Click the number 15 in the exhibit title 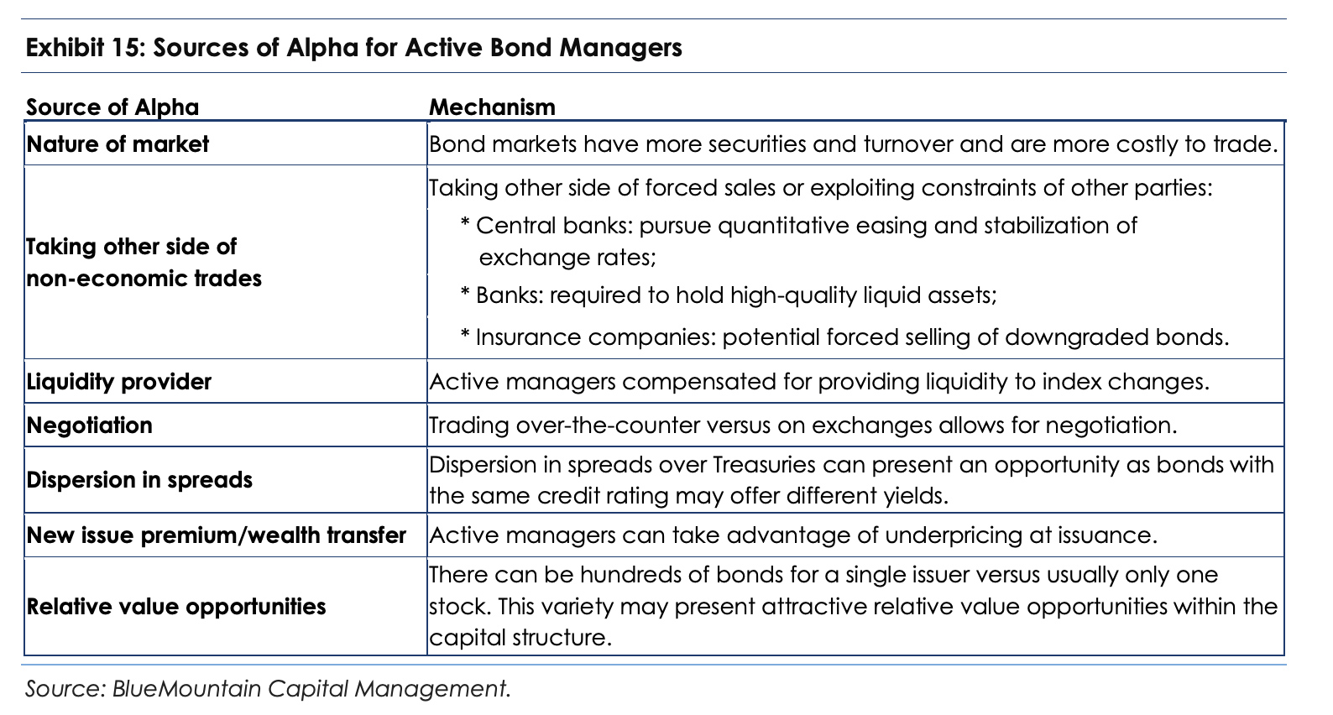point(125,48)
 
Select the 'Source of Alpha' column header point(112,107)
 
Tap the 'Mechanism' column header point(492,107)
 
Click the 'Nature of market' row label point(118,144)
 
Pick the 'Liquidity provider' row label point(119,382)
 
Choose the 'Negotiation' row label point(90,425)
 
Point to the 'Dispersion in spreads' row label point(140,480)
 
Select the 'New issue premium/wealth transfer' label point(217,535)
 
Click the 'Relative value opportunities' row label point(177,607)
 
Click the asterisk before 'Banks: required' point(465,292)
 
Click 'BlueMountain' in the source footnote point(187,689)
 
